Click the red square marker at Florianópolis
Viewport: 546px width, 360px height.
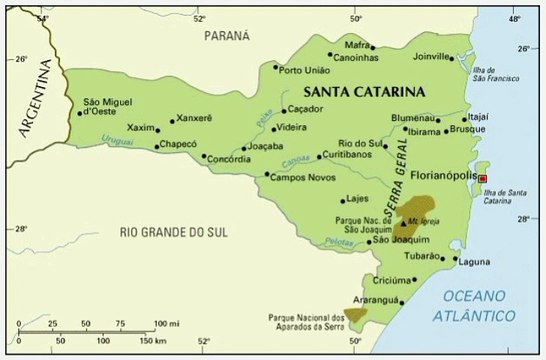(x=484, y=178)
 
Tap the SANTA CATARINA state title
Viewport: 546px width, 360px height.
(x=364, y=91)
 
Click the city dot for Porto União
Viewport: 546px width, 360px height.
(x=276, y=67)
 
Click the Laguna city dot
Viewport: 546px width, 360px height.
(x=456, y=259)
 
